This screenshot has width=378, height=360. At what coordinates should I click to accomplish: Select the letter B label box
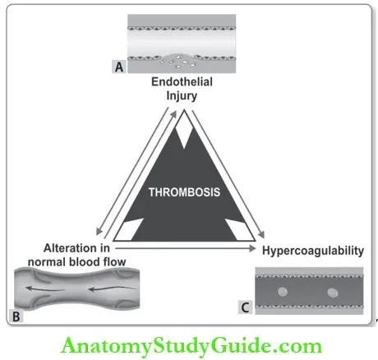[16, 313]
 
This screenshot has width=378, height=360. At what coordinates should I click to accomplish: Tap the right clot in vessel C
[335, 293]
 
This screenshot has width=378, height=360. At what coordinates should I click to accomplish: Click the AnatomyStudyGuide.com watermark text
[188, 343]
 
